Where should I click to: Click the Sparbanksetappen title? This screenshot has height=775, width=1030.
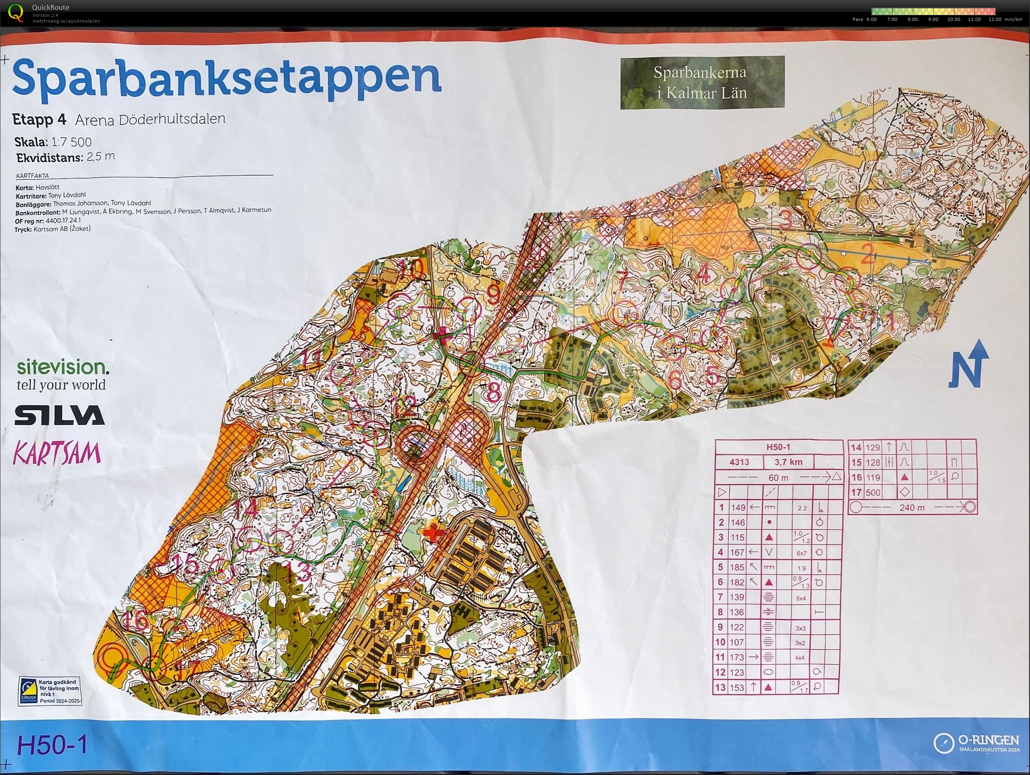[226, 78]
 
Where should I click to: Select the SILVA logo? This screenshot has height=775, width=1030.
[60, 415]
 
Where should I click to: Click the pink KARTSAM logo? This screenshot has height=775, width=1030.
[57, 453]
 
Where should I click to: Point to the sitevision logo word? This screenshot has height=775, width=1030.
[63, 367]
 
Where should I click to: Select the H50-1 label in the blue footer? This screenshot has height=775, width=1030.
[52, 745]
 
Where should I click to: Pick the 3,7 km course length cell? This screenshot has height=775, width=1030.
[788, 462]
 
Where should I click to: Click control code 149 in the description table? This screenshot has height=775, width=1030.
[738, 507]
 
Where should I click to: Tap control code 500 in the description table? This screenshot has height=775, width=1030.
[873, 492]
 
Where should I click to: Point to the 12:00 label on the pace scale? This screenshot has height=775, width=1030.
[995, 20]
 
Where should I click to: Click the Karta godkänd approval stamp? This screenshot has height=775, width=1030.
[50, 691]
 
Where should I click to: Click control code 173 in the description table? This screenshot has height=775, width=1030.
[737, 657]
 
